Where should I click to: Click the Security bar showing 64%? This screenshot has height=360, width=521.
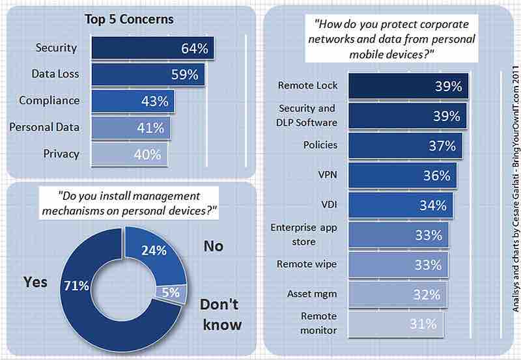pos(151,48)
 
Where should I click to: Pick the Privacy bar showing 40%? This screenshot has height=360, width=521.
pos(129,154)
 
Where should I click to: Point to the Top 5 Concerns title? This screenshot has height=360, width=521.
pos(130,19)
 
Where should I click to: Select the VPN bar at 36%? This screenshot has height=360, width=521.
pos(402,176)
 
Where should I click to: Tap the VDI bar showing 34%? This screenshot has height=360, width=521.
pos(400,206)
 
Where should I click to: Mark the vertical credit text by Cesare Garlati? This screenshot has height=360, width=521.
pos(511,180)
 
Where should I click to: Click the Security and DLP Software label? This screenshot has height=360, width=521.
pos(307,115)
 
